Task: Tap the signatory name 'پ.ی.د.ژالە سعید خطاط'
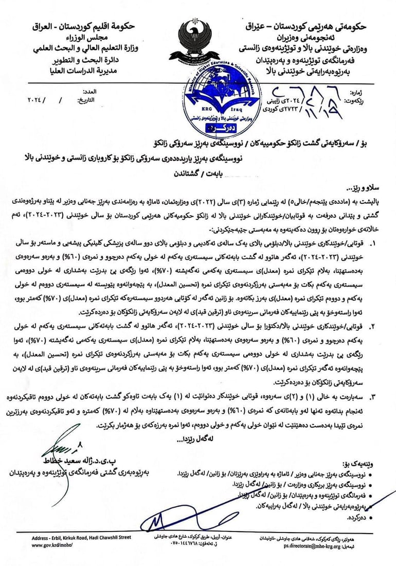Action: point(85,459)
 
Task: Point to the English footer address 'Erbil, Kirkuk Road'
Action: point(82,538)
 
